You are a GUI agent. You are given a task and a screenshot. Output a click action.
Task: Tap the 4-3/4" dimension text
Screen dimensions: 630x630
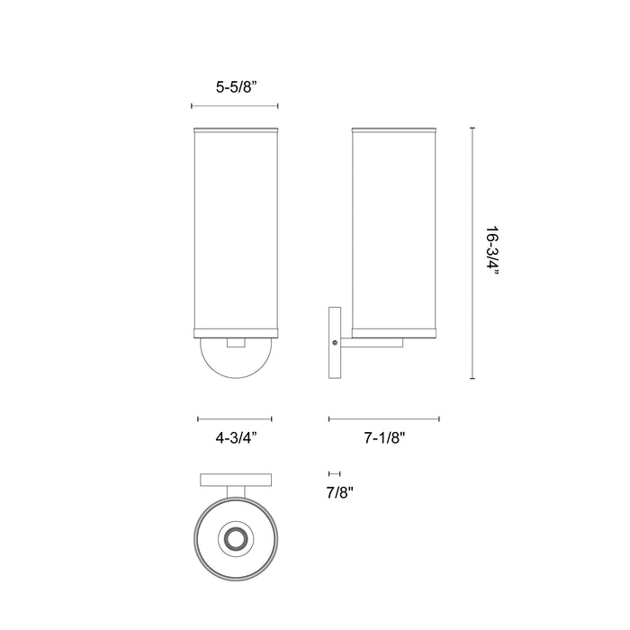click(x=234, y=438)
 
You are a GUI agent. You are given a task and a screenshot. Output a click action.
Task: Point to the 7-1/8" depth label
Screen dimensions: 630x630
click(x=385, y=438)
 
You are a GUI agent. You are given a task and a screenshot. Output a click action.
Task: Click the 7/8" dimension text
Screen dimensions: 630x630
click(x=340, y=492)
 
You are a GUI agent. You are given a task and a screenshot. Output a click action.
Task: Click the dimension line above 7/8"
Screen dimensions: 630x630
click(x=335, y=473)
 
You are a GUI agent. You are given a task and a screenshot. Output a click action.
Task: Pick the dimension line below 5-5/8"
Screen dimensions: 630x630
click(x=234, y=107)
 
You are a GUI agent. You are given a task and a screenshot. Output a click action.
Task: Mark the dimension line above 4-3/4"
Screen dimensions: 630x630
click(x=234, y=418)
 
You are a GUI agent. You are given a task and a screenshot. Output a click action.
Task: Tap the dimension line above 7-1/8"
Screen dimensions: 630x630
click(x=384, y=418)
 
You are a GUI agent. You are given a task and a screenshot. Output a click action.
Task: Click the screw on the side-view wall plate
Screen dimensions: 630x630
click(x=336, y=342)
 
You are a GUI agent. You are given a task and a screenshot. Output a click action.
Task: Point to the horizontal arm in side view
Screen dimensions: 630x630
click(x=369, y=342)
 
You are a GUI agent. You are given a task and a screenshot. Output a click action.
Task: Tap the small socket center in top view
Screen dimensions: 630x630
click(x=236, y=539)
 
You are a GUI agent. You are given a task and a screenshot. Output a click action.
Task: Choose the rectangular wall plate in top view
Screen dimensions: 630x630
click(x=235, y=479)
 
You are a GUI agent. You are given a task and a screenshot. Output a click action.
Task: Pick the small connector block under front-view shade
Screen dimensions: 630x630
click(x=236, y=343)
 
